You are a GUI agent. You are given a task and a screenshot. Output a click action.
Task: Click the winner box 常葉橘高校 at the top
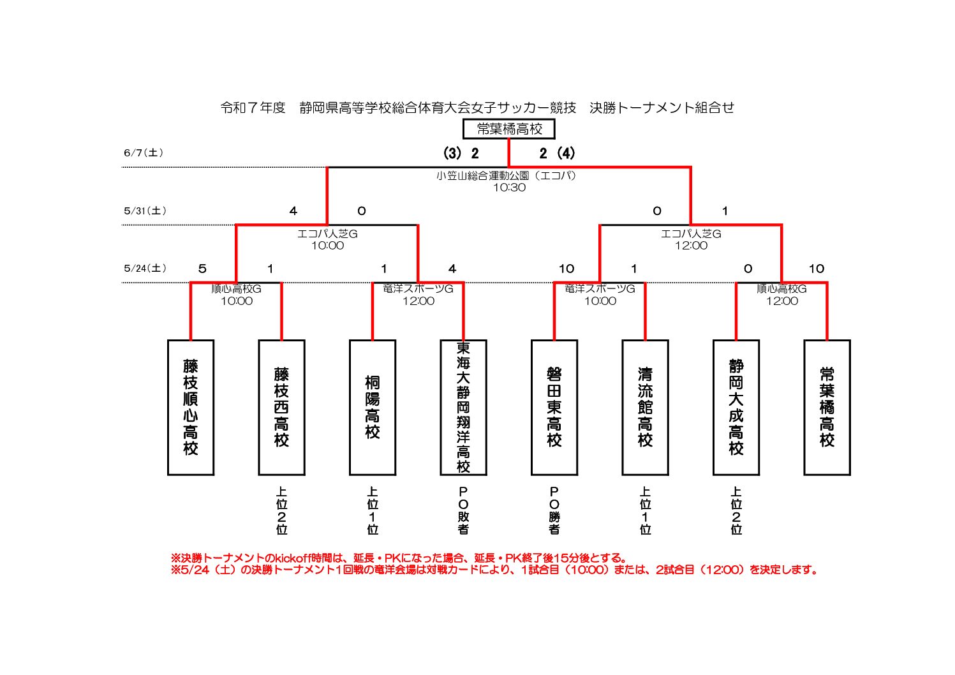click(x=508, y=129)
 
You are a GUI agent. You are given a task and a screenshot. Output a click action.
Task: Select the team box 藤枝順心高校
click(x=191, y=407)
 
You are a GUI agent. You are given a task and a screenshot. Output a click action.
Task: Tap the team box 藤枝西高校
click(x=281, y=407)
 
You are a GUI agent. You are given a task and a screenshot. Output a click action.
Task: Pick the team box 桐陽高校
click(x=372, y=407)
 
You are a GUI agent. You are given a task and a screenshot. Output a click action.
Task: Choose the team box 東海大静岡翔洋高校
click(x=463, y=407)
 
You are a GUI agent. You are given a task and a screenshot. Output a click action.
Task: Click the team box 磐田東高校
click(x=554, y=407)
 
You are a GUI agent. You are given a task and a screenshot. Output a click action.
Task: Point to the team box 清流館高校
click(x=645, y=407)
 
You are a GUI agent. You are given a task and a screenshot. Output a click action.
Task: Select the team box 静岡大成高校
click(x=736, y=407)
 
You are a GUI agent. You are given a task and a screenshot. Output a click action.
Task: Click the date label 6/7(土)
click(x=144, y=152)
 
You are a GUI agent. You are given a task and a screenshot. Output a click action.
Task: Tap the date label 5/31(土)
click(x=145, y=211)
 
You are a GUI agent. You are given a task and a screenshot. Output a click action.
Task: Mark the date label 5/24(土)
click(x=145, y=268)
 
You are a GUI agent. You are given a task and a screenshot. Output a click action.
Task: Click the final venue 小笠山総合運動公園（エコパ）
click(x=506, y=175)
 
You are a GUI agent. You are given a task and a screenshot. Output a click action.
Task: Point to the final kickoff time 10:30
click(x=510, y=188)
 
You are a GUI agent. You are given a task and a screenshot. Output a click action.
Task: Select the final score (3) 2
click(x=461, y=154)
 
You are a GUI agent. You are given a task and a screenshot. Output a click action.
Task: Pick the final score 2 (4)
click(x=557, y=154)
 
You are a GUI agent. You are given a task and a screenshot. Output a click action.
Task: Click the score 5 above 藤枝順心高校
click(x=202, y=269)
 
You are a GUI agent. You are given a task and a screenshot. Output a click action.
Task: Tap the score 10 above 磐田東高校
click(x=566, y=269)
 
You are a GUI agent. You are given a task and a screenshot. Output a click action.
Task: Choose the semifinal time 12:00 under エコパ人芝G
click(x=691, y=246)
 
